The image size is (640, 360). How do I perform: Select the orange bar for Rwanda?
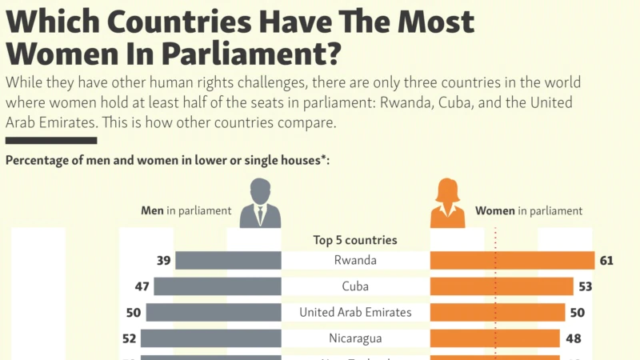[x=512, y=260]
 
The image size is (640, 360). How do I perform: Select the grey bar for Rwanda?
[x=228, y=260]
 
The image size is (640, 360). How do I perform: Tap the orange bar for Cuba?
[x=502, y=286]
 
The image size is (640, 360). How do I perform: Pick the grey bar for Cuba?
[x=218, y=286]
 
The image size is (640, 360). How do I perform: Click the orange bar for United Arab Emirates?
[x=498, y=312]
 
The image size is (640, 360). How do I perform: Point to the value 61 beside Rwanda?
[x=606, y=260]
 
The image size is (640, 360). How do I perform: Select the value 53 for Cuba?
[x=586, y=286]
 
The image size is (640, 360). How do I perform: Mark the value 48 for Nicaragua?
[x=574, y=338]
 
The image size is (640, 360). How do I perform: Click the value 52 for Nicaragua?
[x=130, y=338]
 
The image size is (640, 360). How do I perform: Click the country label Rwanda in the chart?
[x=355, y=260]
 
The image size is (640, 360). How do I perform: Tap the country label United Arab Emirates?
[x=355, y=312]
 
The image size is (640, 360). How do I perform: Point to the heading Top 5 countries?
[x=355, y=239]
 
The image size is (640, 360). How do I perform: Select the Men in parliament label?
[x=186, y=211]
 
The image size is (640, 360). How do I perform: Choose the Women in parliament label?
[x=529, y=211]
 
